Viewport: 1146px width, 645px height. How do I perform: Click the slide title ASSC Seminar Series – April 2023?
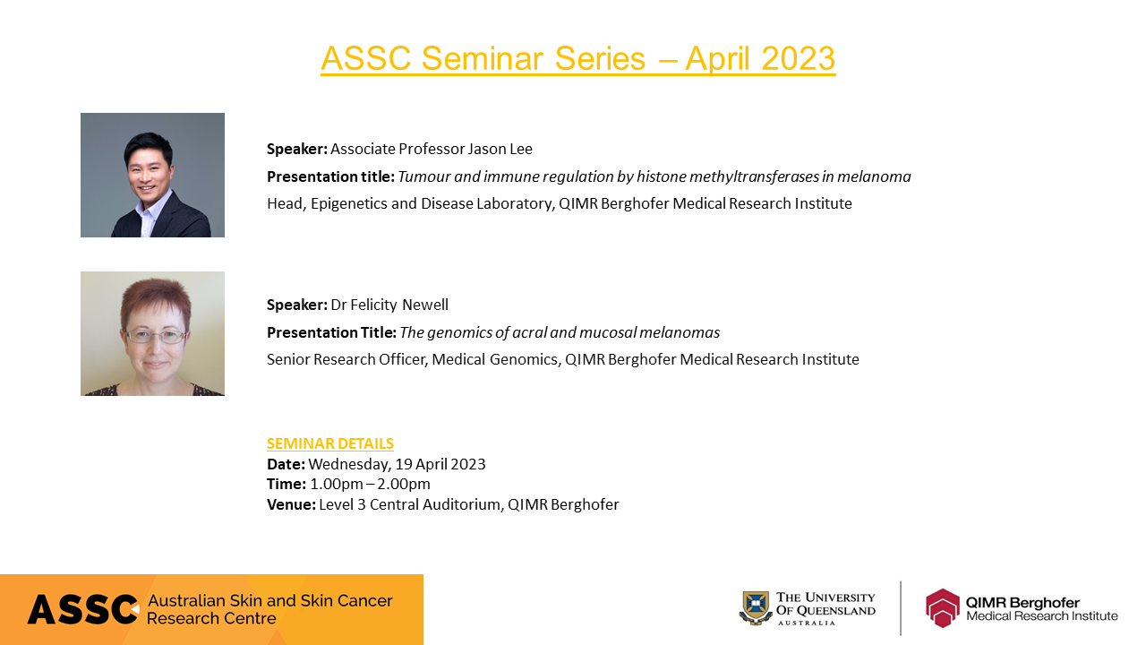coord(577,58)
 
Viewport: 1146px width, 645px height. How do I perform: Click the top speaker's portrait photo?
coord(152,175)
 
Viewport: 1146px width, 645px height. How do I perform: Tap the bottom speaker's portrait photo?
coord(152,333)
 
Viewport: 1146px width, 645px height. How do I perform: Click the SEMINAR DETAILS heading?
coord(329,443)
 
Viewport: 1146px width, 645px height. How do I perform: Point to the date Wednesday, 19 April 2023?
coord(397,464)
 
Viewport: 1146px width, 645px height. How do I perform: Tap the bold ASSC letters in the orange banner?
coord(82,610)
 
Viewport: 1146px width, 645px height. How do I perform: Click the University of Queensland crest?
coord(755,607)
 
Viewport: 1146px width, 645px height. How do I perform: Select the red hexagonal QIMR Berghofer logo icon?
coord(942,607)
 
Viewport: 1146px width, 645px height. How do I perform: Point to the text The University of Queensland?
coord(825,607)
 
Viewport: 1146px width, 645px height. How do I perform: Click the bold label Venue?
coord(291,504)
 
